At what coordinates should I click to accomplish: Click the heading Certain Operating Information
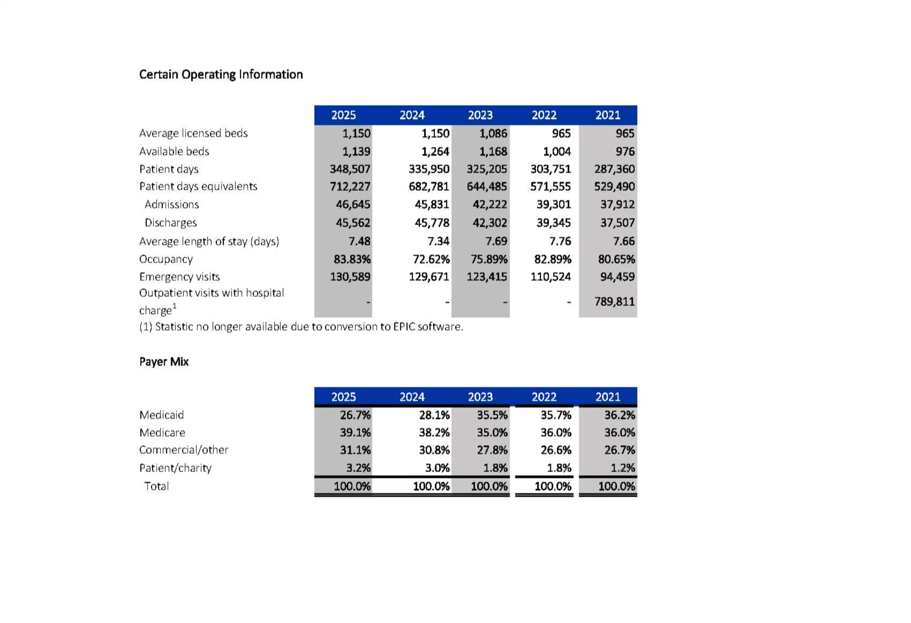click(x=221, y=74)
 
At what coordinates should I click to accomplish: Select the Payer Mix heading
click(x=164, y=361)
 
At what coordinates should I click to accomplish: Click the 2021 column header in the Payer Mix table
click(x=608, y=397)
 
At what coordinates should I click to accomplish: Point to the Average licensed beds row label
click(x=193, y=133)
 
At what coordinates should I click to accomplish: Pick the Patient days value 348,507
click(x=350, y=169)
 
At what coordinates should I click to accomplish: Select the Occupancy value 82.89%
click(x=552, y=259)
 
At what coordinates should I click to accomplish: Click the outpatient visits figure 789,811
click(x=614, y=301)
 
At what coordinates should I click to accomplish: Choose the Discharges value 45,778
click(x=432, y=223)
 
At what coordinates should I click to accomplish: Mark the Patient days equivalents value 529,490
click(x=614, y=186)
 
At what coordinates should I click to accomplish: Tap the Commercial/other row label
click(x=183, y=450)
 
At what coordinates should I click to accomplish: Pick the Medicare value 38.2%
click(x=434, y=433)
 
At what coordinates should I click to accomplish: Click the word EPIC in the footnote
click(x=404, y=327)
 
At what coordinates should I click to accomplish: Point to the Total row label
click(x=156, y=486)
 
